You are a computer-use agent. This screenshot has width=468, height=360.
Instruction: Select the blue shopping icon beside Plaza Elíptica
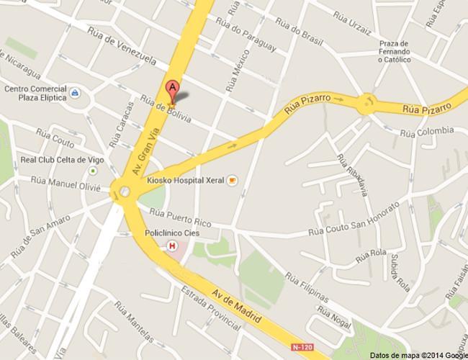coord(76,95)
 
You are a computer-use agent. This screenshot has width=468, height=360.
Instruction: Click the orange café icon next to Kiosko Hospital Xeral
coord(232,181)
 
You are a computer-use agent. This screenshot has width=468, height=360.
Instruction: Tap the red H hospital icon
coord(171,246)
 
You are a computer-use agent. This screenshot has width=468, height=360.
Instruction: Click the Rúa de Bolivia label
coord(167,112)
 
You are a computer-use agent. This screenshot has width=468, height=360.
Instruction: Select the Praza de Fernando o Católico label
coord(395,51)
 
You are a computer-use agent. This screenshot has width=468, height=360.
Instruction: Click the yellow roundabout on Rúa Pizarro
coord(368,104)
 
